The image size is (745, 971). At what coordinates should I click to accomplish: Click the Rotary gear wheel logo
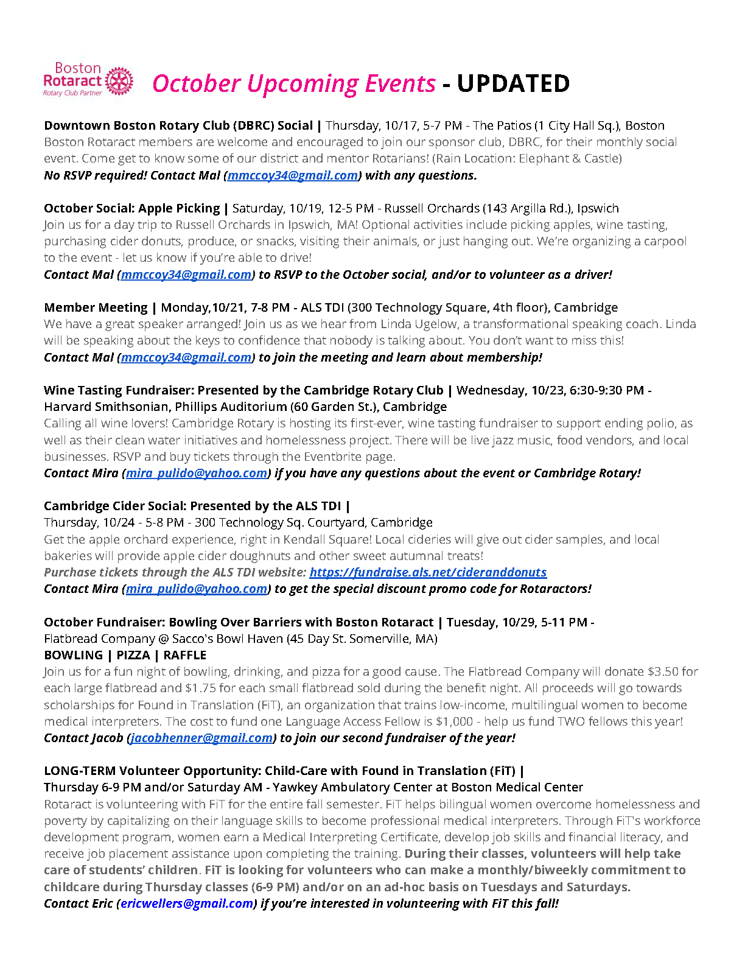click(x=119, y=81)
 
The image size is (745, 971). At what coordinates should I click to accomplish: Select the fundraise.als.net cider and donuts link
click(x=428, y=572)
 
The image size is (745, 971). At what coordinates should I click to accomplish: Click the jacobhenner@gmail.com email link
click(x=201, y=738)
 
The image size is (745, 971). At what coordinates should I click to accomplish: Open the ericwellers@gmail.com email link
click(x=187, y=903)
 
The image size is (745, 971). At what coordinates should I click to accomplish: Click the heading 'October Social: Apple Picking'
click(x=131, y=208)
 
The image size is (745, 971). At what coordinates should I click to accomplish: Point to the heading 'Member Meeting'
click(x=96, y=307)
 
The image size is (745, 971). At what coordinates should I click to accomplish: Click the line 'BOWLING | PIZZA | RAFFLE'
click(x=125, y=655)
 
